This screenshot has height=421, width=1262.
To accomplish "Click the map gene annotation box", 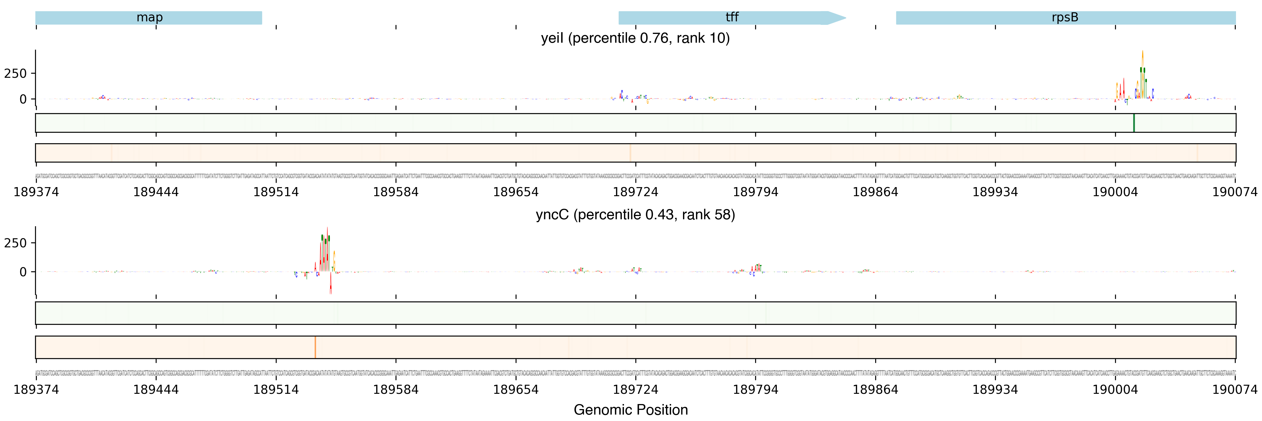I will click(x=149, y=18).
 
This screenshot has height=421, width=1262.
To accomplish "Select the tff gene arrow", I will click(x=731, y=18).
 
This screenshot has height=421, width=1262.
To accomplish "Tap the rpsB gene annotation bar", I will click(x=1065, y=18).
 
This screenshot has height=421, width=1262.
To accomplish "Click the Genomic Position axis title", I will click(x=630, y=410).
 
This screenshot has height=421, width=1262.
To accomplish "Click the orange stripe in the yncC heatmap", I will click(x=315, y=347).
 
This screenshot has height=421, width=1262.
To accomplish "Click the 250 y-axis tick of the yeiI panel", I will click(x=15, y=73).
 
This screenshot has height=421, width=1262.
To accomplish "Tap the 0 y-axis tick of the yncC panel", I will click(x=22, y=272).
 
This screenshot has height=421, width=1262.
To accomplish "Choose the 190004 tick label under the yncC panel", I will click(x=1115, y=390).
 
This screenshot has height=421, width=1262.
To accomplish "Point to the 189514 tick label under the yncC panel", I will click(x=276, y=390).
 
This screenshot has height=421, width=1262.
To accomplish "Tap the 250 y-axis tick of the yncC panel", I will click(x=15, y=243).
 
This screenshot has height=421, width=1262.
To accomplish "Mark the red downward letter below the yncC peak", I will click(x=331, y=284).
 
